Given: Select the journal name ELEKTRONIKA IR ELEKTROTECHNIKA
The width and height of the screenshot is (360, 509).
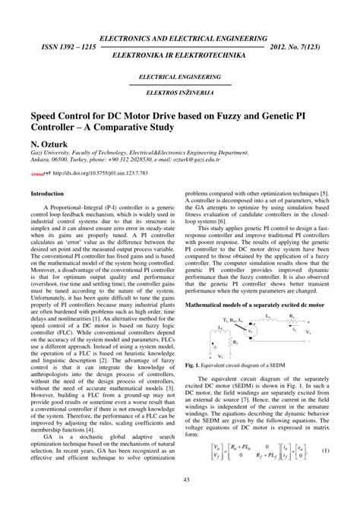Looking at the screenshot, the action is (x=179, y=56).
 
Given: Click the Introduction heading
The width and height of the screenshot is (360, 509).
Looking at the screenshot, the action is (x=46, y=194).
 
